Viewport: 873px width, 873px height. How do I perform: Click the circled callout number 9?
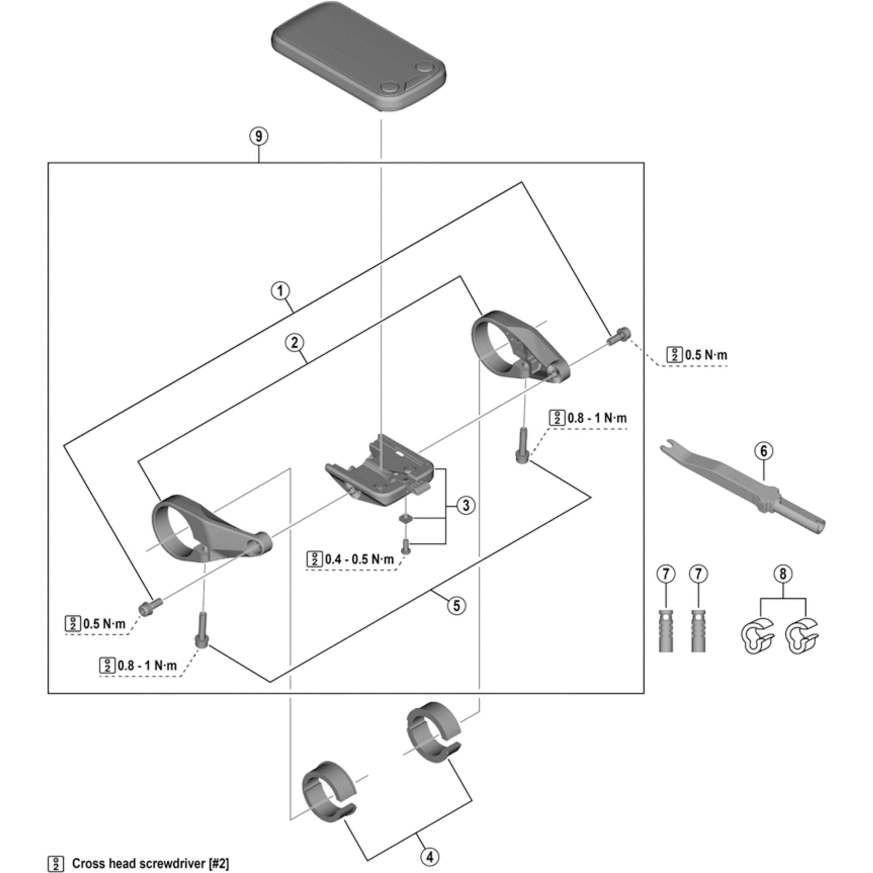(x=259, y=136)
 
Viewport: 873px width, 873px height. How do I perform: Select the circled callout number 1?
(x=280, y=291)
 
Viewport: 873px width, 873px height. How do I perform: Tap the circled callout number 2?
(x=294, y=343)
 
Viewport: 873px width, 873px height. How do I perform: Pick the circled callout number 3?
(x=466, y=505)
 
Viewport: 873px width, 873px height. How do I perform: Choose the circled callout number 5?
(x=457, y=605)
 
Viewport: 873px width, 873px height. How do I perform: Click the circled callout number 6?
(x=763, y=450)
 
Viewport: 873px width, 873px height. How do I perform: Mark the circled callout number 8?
(x=783, y=574)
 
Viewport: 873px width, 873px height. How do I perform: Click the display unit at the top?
(x=358, y=63)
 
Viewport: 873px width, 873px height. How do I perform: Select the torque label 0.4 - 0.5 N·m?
(x=359, y=560)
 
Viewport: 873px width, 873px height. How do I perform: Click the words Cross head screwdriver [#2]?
(x=151, y=863)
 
